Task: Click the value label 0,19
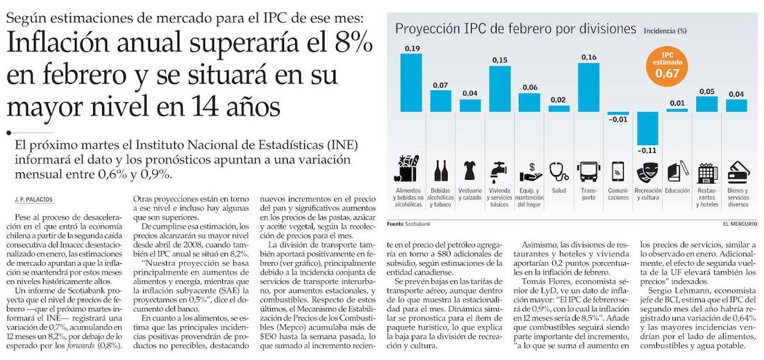412,48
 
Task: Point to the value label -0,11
647,150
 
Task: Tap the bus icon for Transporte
588,170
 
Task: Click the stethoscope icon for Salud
558,170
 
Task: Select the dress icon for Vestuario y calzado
470,170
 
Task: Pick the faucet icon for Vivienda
499,170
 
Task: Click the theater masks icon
647,170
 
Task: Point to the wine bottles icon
441,170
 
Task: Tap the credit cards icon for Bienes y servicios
736,170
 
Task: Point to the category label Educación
676,189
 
